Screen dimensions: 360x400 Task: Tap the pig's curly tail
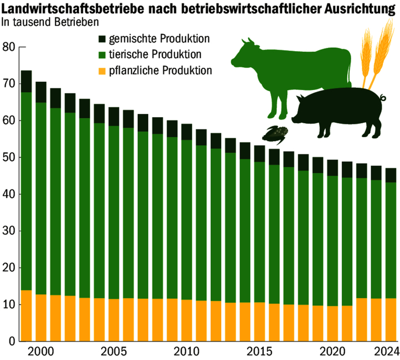[383, 98]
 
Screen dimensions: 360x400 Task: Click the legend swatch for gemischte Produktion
[101, 39]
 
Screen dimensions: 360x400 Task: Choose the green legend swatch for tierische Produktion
[101, 54]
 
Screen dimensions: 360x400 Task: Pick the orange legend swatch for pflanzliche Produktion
[101, 71]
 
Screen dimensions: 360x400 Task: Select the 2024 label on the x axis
[385, 351]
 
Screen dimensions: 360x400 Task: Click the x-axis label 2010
[184, 351]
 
